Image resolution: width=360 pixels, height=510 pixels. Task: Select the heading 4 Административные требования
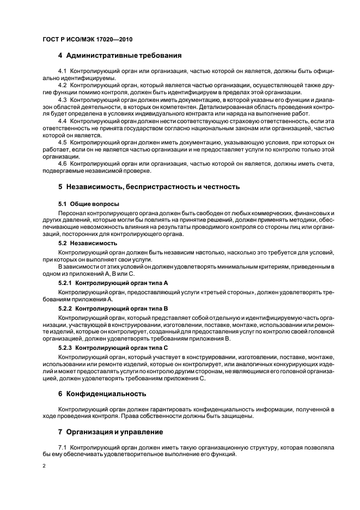pos(120,56)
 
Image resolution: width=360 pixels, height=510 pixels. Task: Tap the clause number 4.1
pos(62,72)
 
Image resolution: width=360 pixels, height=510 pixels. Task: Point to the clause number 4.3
pos(62,99)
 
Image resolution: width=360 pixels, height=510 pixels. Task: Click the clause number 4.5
pos(62,142)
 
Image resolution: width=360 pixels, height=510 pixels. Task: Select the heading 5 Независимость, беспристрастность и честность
pos(149,186)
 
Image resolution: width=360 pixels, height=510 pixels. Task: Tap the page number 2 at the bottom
pos(44,466)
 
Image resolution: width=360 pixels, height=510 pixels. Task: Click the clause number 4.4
pos(62,120)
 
